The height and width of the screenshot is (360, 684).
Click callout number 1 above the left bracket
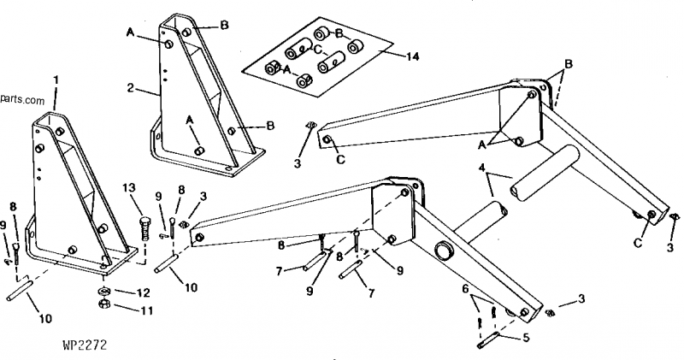56,80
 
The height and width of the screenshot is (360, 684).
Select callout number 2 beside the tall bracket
131,87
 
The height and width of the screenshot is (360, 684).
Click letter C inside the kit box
316,50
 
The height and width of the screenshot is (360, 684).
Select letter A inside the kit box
287,68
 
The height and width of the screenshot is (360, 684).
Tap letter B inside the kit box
339,32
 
